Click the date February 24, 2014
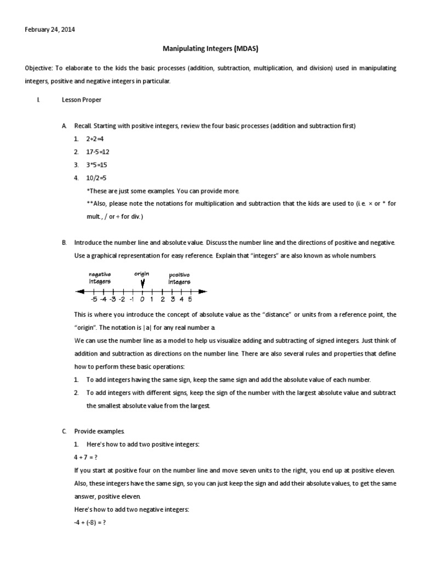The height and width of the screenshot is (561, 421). coord(50,30)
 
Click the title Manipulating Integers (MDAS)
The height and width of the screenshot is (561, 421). coord(210,49)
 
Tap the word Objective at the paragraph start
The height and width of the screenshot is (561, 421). coord(41,68)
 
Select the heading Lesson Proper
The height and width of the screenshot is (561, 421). coord(82,100)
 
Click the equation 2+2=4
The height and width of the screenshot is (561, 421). coord(95,139)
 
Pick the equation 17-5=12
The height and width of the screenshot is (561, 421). coord(99,152)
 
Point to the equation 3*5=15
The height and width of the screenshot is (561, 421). coord(97,164)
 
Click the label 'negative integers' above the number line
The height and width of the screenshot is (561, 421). coord(100,277)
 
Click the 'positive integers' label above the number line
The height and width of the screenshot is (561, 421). coord(179,277)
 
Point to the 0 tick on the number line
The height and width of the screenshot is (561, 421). coord(142,299)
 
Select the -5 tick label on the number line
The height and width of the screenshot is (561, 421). coord(94,299)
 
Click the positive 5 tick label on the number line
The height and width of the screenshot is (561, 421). coord(190,299)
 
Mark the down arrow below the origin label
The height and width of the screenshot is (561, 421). coord(143,283)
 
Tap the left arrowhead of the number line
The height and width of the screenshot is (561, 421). coord(79,291)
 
